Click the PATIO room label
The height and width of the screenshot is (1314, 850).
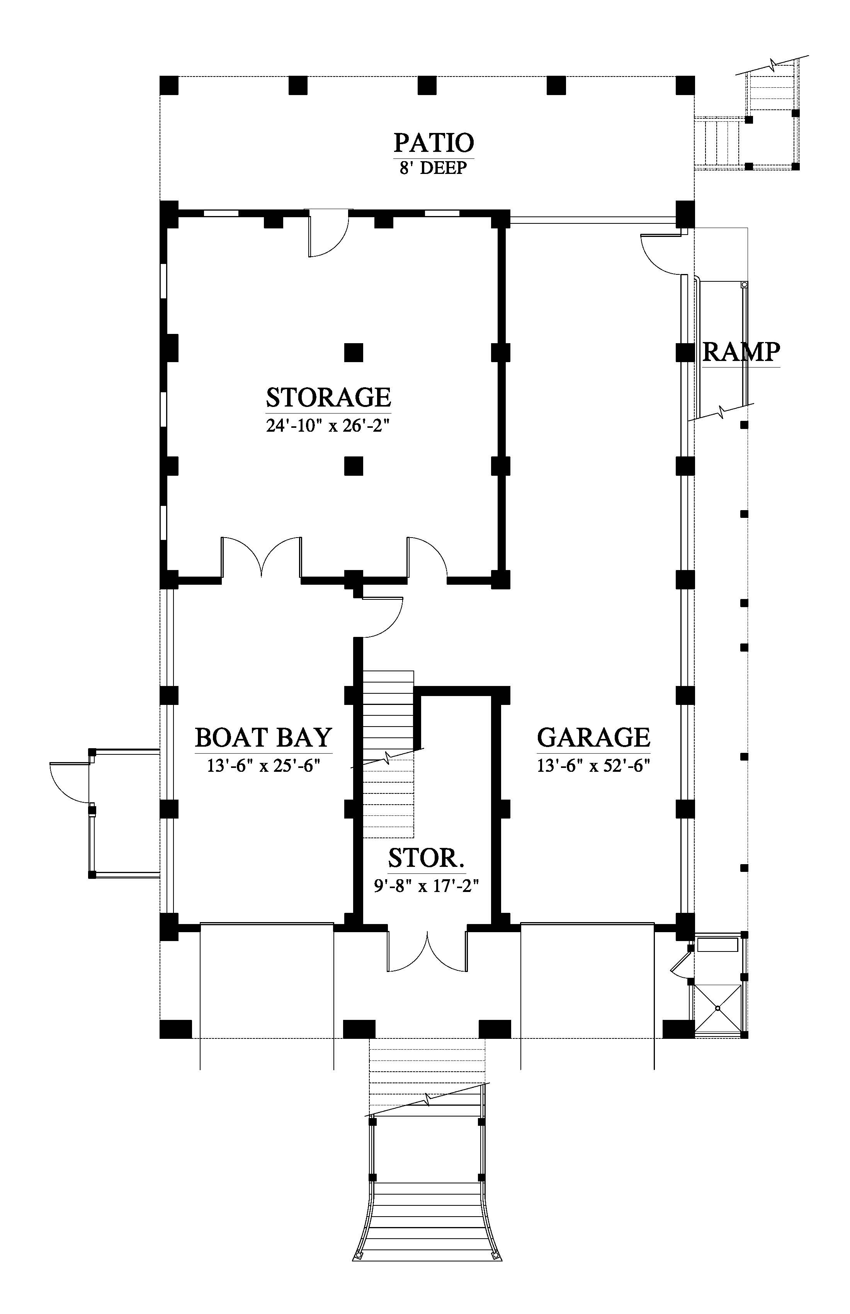[434, 143]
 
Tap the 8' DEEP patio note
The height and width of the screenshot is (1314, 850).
[434, 168]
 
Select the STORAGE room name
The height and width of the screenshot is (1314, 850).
[328, 397]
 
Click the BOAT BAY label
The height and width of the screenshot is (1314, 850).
[264, 737]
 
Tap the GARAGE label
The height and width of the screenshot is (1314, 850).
[594, 737]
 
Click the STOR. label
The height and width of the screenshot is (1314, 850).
[426, 858]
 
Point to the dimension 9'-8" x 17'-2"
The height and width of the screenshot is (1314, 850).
[426, 886]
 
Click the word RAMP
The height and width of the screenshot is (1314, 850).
[741, 351]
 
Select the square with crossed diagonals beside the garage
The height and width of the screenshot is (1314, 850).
[717, 1008]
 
